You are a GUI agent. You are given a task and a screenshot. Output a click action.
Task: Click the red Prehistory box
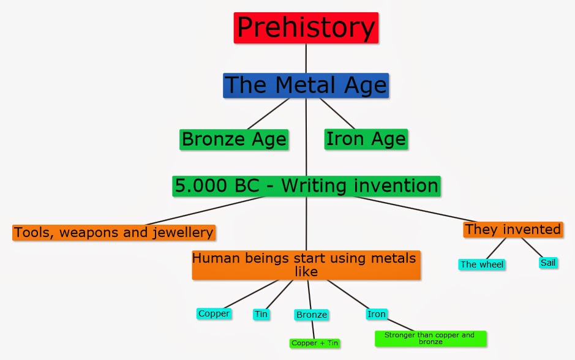pyautogui.click(x=306, y=28)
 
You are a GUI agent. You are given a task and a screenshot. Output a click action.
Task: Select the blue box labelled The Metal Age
pyautogui.click(x=306, y=85)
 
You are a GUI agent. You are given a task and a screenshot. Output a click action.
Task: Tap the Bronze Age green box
pyautogui.click(x=234, y=139)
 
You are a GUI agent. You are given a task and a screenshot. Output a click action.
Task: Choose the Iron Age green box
pyautogui.click(x=366, y=138)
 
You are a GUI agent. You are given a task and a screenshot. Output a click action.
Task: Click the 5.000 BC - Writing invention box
pyautogui.click(x=306, y=186)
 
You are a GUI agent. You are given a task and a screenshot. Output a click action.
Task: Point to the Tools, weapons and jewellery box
pyautogui.click(x=114, y=233)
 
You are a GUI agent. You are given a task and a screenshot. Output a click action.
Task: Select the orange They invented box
pyautogui.click(x=513, y=230)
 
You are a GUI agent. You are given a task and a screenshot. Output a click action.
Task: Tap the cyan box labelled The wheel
pyautogui.click(x=482, y=264)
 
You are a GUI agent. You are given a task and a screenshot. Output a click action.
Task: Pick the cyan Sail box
pyautogui.click(x=548, y=263)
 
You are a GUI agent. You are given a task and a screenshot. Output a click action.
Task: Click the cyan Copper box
pyautogui.click(x=214, y=313)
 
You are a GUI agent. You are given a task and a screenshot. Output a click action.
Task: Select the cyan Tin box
pyautogui.click(x=261, y=314)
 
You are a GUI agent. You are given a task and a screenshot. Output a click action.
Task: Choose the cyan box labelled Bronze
pyautogui.click(x=311, y=315)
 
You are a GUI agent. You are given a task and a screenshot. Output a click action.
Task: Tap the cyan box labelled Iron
pyautogui.click(x=377, y=314)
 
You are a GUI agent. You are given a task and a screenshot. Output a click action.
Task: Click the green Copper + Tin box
pyautogui.click(x=315, y=343)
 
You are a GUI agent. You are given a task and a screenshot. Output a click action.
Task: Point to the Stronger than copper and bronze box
pyautogui.click(x=430, y=339)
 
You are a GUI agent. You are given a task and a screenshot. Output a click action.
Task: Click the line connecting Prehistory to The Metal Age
pyautogui.click(x=306, y=58)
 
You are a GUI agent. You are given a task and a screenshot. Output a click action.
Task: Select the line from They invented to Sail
pyautogui.click(x=532, y=248)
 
